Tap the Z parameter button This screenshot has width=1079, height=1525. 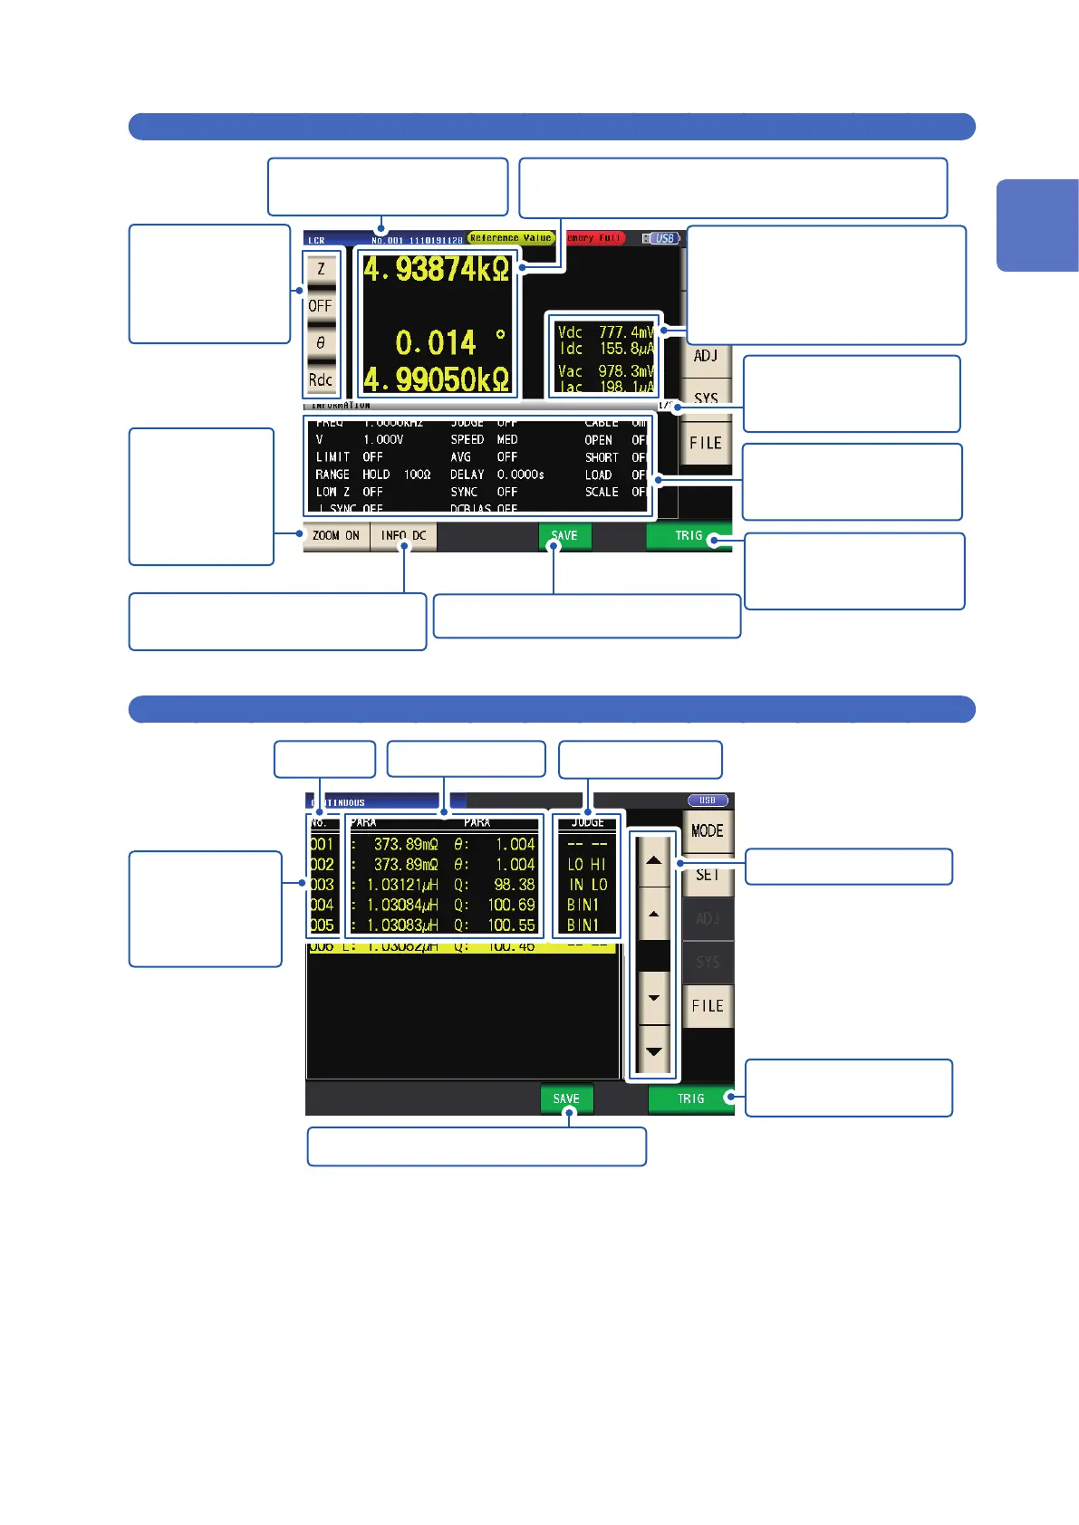pyautogui.click(x=321, y=269)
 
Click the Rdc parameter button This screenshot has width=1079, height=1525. pyautogui.click(x=321, y=380)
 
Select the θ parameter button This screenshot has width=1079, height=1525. pyautogui.click(x=321, y=343)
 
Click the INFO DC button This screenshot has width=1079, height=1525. pyautogui.click(x=404, y=536)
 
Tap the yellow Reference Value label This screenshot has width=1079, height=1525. pyautogui.click(x=511, y=238)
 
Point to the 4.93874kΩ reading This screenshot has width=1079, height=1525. pyautogui.click(x=437, y=270)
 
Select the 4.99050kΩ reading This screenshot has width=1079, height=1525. pyautogui.click(x=437, y=379)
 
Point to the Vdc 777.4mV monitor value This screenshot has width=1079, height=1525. pyautogui.click(x=605, y=332)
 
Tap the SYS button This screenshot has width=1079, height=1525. pyautogui.click(x=706, y=397)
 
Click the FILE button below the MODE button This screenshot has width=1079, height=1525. pyautogui.click(x=708, y=1006)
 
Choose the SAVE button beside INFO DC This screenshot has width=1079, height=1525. pyautogui.click(x=564, y=536)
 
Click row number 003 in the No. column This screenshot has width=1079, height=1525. pyautogui.click(x=323, y=885)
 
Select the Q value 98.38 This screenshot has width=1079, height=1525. pyautogui.click(x=514, y=885)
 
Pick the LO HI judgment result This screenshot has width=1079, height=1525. pyautogui.click(x=586, y=865)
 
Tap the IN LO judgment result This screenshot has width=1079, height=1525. pyautogui.click(x=587, y=885)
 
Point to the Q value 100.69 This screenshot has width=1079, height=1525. pyautogui.click(x=512, y=905)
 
